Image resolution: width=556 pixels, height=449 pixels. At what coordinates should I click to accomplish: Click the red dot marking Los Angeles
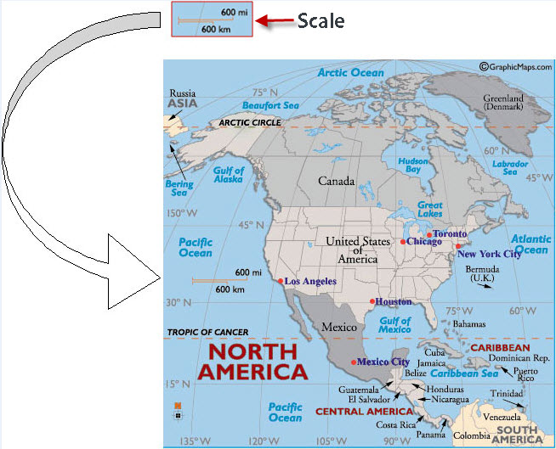point(281,281)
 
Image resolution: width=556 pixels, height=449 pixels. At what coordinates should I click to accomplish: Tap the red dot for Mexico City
point(353,362)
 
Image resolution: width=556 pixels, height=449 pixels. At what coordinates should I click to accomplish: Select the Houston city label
point(394,301)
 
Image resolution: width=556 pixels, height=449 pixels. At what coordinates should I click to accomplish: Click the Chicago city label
point(423,242)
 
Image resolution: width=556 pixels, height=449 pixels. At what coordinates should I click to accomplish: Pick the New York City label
point(489,254)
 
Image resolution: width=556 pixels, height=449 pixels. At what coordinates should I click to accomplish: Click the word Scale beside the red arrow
point(321,20)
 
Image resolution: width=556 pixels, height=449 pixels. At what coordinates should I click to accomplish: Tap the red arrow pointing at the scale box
point(273,20)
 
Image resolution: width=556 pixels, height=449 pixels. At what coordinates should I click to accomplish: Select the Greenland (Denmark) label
point(504,104)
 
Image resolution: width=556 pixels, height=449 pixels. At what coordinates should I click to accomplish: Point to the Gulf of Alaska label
point(228,176)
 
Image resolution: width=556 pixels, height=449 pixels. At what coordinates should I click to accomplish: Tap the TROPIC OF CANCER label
point(209,331)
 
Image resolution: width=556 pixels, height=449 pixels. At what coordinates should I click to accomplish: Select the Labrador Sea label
point(511,167)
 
